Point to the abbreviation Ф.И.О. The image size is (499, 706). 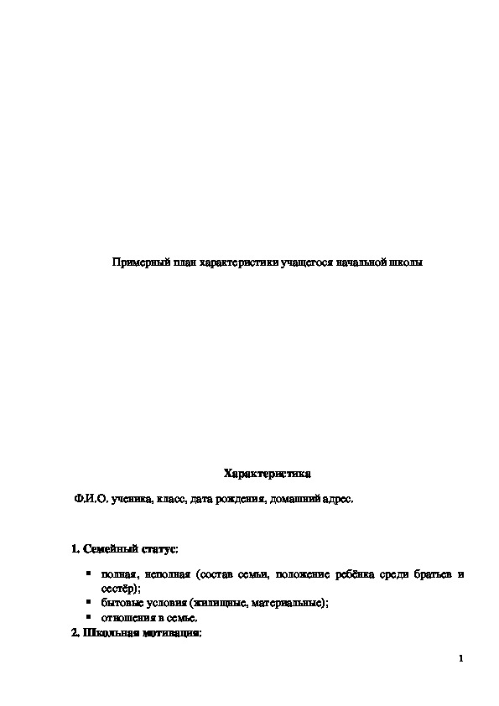(88, 499)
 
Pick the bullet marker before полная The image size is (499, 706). (88, 574)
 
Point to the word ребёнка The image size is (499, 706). (351, 575)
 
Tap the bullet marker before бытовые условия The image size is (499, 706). (88, 602)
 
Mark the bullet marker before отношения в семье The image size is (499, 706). (88, 616)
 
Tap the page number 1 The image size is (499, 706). (461, 658)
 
